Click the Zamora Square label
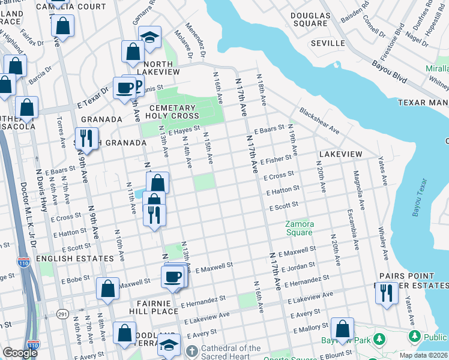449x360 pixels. pyautogui.click(x=298, y=228)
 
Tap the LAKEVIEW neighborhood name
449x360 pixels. pyautogui.click(x=340, y=154)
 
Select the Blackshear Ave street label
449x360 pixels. pyautogui.click(x=319, y=121)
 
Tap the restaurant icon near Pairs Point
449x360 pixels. pyautogui.click(x=386, y=293)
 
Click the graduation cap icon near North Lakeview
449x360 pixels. pyautogui.click(x=149, y=37)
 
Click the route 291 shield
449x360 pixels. pyautogui.click(x=62, y=314)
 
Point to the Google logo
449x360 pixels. pyautogui.click(x=19, y=353)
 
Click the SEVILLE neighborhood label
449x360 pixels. pyautogui.click(x=328, y=44)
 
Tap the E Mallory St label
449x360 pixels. pyautogui.click(x=312, y=329)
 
